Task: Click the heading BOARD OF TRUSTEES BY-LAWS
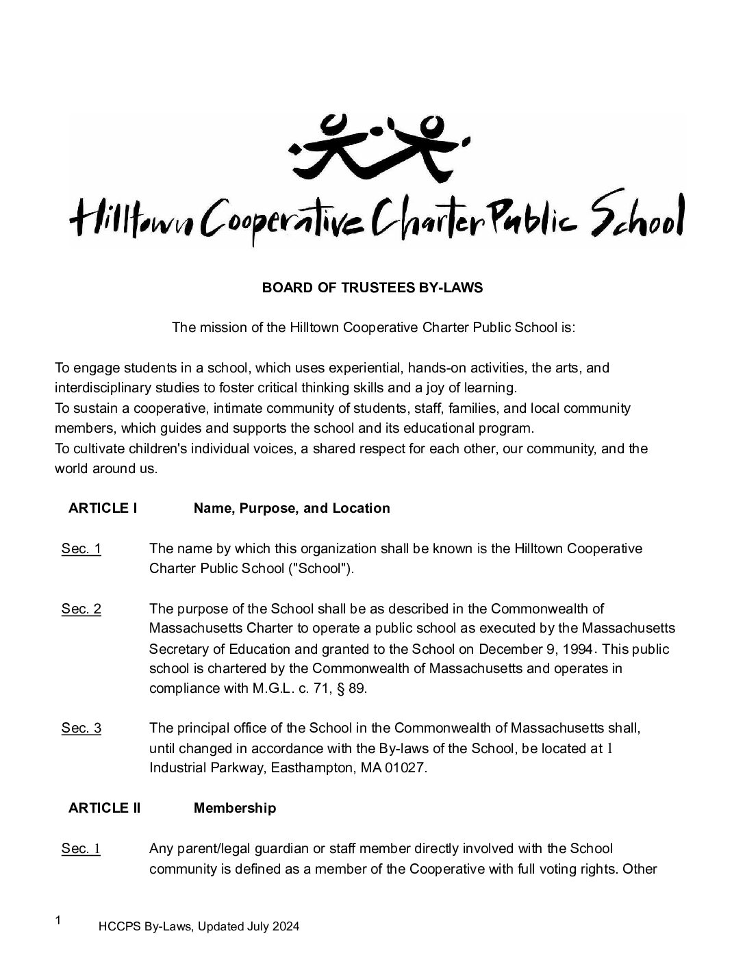point(372,288)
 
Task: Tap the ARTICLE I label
point(103,508)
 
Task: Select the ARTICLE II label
point(104,808)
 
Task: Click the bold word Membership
point(235,808)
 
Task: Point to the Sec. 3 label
point(81,728)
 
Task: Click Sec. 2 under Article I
point(81,609)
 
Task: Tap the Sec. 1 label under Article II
point(81,849)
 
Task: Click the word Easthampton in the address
point(310,768)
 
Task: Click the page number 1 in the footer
point(58,920)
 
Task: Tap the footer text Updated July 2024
point(249,927)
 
